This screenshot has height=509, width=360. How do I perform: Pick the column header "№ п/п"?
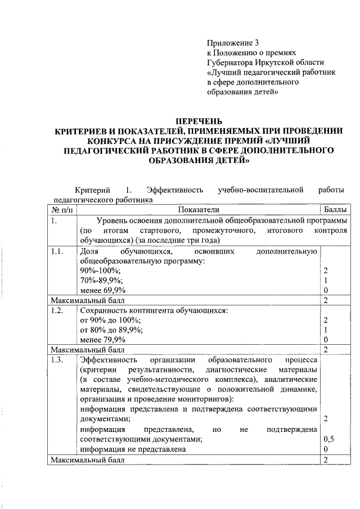[62, 209]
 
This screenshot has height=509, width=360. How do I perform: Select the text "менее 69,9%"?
[103, 290]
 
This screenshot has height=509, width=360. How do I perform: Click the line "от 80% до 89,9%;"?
[111, 330]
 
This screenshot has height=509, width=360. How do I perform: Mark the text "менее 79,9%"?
[103, 340]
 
